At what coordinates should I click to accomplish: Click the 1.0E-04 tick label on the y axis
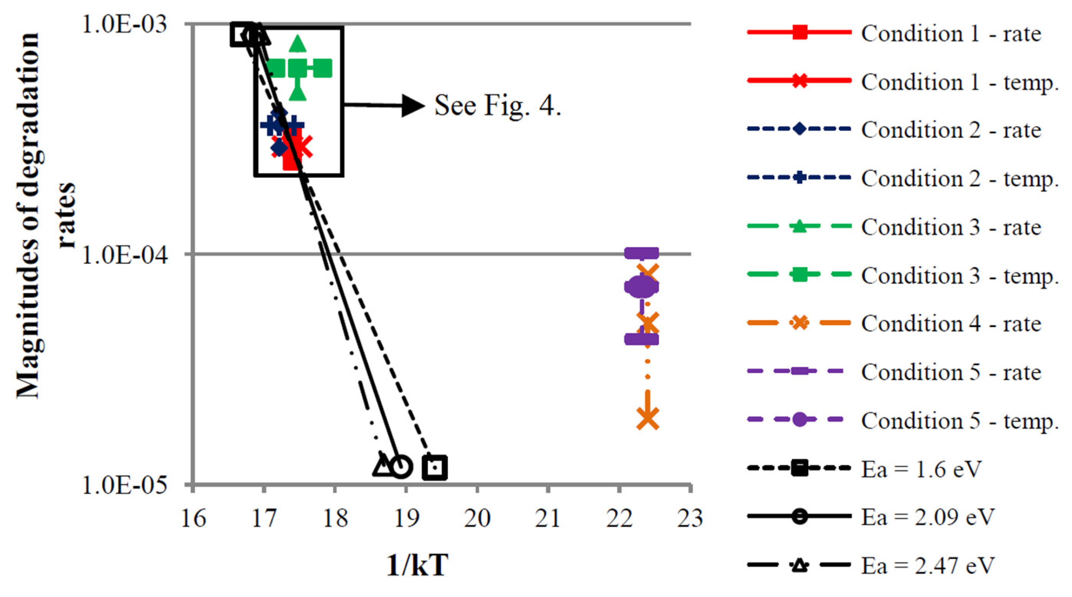point(125,254)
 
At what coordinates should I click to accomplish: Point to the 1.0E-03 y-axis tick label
point(125,25)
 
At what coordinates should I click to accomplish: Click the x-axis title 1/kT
point(418,565)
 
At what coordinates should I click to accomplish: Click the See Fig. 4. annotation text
point(498,105)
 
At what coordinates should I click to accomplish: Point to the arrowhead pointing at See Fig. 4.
point(413,105)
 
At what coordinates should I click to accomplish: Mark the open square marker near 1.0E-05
point(435,467)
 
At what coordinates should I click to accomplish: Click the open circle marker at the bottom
point(401,467)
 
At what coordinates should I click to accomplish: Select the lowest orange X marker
point(648,418)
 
